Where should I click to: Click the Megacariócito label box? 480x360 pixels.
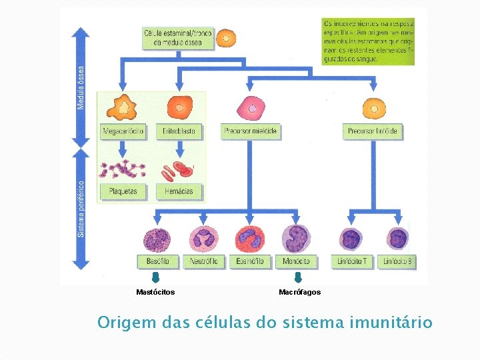123,131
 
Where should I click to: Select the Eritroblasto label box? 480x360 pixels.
179,131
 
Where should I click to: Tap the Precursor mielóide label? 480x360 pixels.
251,131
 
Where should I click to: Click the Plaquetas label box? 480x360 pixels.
123,191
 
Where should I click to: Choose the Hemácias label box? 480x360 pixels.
179,191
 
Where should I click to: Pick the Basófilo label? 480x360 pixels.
157,261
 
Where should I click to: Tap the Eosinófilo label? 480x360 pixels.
250,261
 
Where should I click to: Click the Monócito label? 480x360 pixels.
296,261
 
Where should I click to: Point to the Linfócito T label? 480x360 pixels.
352,261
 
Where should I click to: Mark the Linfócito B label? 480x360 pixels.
397,261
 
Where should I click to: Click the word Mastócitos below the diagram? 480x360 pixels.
155,292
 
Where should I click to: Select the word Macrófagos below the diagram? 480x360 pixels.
299,292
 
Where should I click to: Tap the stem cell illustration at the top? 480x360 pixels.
227,38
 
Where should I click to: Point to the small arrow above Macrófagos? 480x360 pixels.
299,278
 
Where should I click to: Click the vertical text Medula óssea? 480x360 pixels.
81,87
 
